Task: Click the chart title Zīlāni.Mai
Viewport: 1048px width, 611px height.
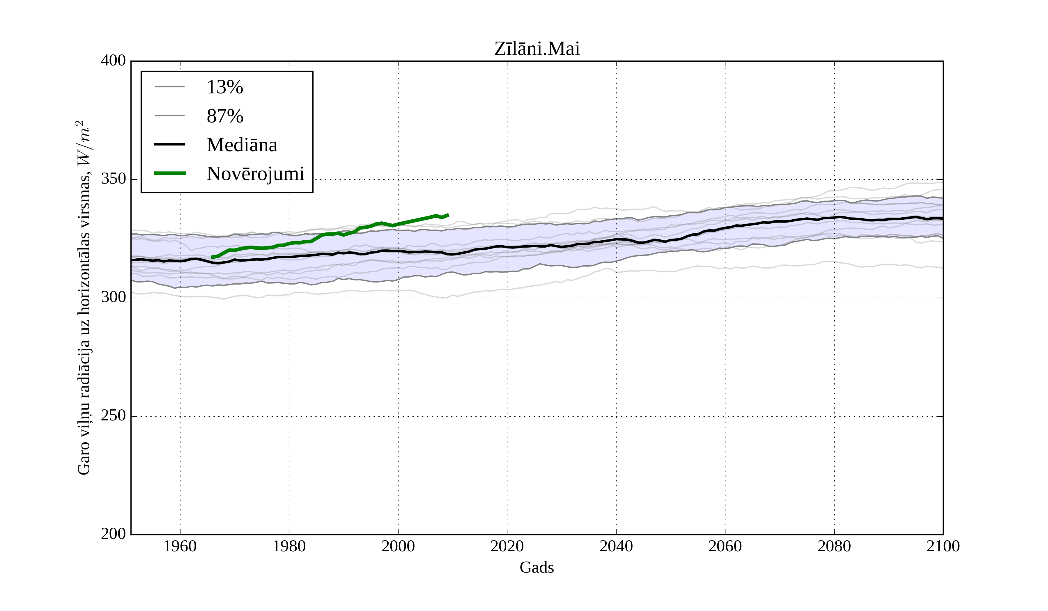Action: [537, 49]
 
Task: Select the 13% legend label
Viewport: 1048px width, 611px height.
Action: [224, 87]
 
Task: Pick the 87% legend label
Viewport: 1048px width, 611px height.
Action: [224, 116]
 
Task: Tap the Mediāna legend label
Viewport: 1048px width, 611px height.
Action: [242, 145]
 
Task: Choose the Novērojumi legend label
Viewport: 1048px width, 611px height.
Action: [255, 174]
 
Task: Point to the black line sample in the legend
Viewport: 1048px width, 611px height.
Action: [170, 144]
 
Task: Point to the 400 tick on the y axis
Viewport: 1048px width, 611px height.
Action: [113, 61]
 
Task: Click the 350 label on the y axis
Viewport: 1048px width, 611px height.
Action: [113, 179]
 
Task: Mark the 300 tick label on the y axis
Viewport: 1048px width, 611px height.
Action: [113, 298]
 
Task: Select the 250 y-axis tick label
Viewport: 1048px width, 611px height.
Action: [113, 416]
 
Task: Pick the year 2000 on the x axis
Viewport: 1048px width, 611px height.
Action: [398, 546]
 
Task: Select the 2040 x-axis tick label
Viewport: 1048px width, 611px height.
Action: [616, 546]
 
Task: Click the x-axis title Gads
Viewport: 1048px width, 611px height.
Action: [537, 568]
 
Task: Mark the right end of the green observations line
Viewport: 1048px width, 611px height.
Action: [448, 215]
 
